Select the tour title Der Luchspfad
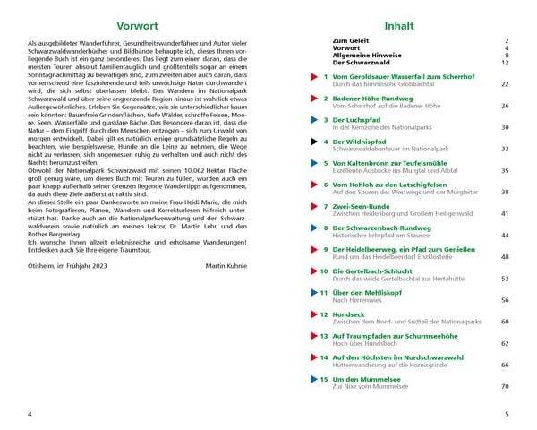point(354,119)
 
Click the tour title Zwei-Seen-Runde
point(361,205)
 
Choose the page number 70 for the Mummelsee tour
point(505,385)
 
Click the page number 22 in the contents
point(505,84)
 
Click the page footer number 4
point(30,414)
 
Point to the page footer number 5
point(506,414)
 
